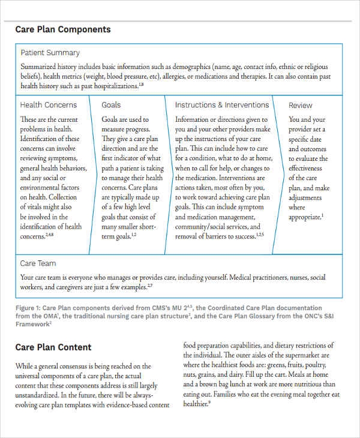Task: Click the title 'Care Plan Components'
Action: (63, 29)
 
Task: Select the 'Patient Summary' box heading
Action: (50, 53)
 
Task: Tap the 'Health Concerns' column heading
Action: (49, 105)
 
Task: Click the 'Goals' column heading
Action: (111, 105)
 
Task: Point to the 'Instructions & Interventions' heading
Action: (222, 105)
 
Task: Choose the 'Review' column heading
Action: (301, 106)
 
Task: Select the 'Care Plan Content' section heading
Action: (53, 347)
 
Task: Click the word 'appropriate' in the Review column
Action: (304, 217)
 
